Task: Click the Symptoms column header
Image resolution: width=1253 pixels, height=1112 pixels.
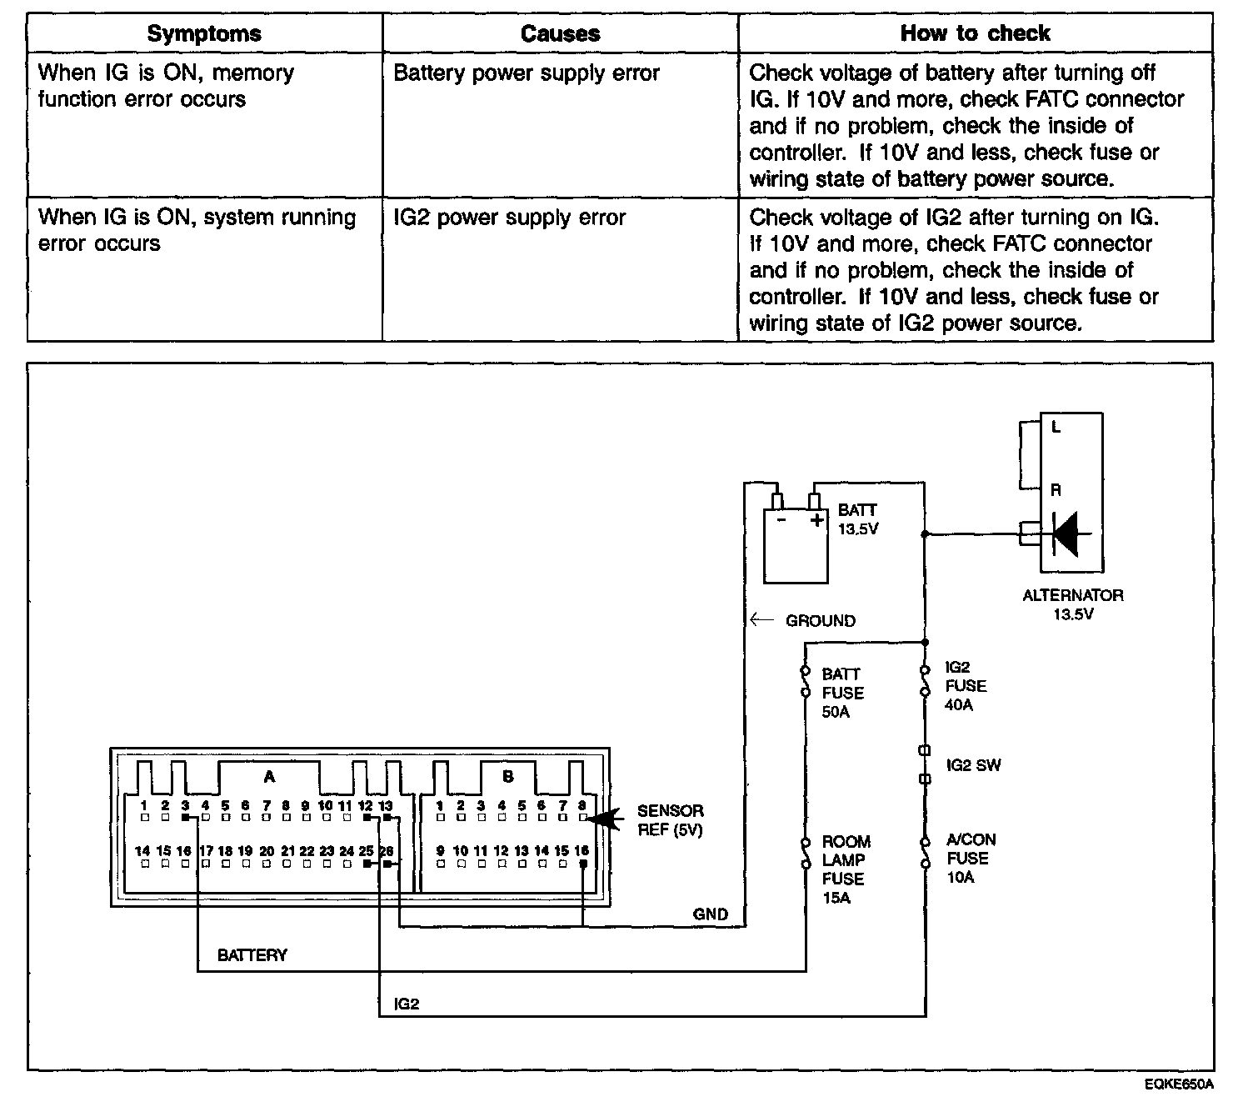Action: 204,34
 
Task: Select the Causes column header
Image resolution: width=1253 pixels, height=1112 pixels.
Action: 560,34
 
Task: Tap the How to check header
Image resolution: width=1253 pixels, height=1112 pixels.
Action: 975,33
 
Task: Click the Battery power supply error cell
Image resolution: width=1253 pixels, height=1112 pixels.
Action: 527,73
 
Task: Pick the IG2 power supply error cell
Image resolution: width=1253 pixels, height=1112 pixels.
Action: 509,218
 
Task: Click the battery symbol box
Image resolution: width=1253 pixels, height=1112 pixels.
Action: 796,545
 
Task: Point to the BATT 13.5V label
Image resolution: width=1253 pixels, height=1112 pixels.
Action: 857,518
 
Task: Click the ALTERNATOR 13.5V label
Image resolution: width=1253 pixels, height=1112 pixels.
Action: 1073,604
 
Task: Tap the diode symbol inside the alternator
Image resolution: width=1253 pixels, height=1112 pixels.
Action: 1066,533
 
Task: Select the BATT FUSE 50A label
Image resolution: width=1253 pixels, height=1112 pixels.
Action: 842,693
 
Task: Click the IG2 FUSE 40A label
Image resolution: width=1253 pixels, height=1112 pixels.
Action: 966,686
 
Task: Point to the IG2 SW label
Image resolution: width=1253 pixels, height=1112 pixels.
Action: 973,765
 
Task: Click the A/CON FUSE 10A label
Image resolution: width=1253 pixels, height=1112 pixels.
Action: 971,858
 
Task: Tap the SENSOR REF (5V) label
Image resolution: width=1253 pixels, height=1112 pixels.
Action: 670,820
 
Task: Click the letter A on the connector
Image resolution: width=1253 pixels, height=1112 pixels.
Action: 269,777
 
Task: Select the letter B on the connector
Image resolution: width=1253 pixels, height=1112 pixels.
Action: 507,777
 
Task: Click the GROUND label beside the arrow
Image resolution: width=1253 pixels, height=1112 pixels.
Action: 820,621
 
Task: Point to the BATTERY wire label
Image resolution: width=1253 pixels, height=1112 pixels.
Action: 252,955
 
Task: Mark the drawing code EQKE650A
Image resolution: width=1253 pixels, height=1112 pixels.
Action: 1179,1084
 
